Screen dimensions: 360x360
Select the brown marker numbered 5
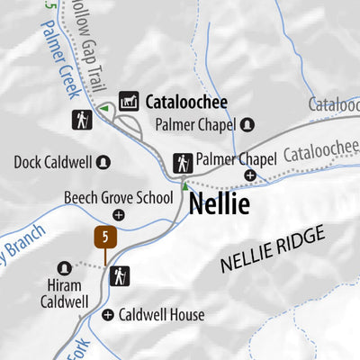point(106,238)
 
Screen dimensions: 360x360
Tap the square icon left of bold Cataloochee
point(129,103)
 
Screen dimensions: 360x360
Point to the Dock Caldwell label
point(53,163)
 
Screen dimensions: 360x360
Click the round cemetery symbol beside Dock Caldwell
point(103,162)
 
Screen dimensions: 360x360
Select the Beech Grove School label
point(118,197)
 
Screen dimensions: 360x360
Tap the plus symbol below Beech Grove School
point(119,214)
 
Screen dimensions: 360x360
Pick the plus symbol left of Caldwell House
point(109,315)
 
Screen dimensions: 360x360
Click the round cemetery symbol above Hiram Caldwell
point(64,268)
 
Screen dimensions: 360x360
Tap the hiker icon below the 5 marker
point(120,276)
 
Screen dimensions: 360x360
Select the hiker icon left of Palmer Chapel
point(183,163)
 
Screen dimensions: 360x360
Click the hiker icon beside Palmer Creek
point(82,120)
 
